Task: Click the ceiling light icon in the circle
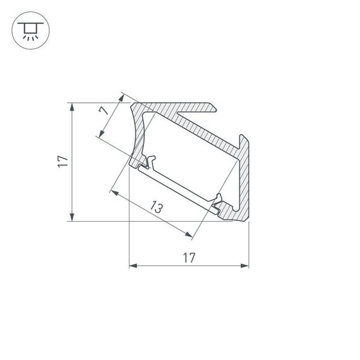(28, 29)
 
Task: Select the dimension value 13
(157, 207)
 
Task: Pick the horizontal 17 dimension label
(188, 257)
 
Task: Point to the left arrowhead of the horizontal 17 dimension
(133, 266)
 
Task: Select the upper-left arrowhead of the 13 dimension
(114, 191)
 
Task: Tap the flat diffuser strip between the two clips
(180, 185)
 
